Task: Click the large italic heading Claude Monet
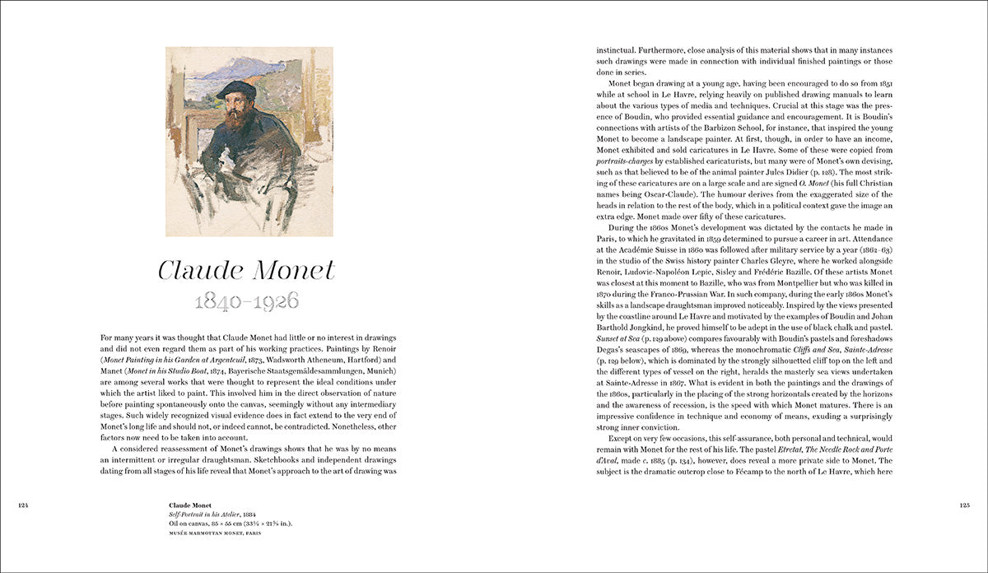tap(247, 270)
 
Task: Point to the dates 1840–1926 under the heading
tap(247, 301)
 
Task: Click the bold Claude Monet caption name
tap(190, 505)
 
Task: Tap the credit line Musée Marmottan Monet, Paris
tap(222, 533)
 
